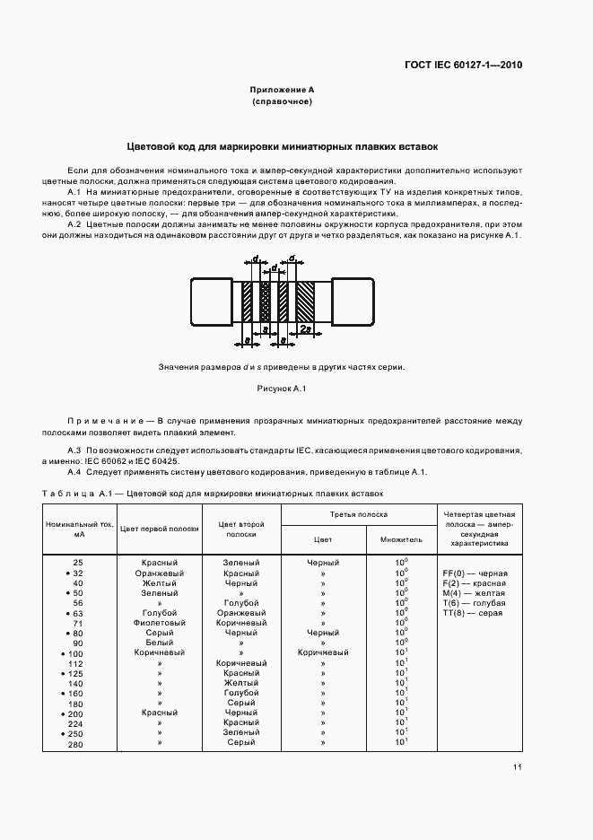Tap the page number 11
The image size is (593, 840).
(519, 767)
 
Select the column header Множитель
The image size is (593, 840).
(401, 540)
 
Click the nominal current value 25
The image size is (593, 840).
(78, 562)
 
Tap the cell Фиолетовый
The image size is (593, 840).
(160, 622)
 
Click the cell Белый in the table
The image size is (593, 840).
(160, 643)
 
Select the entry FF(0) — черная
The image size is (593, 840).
(475, 573)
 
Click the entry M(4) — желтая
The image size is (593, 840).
(474, 592)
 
